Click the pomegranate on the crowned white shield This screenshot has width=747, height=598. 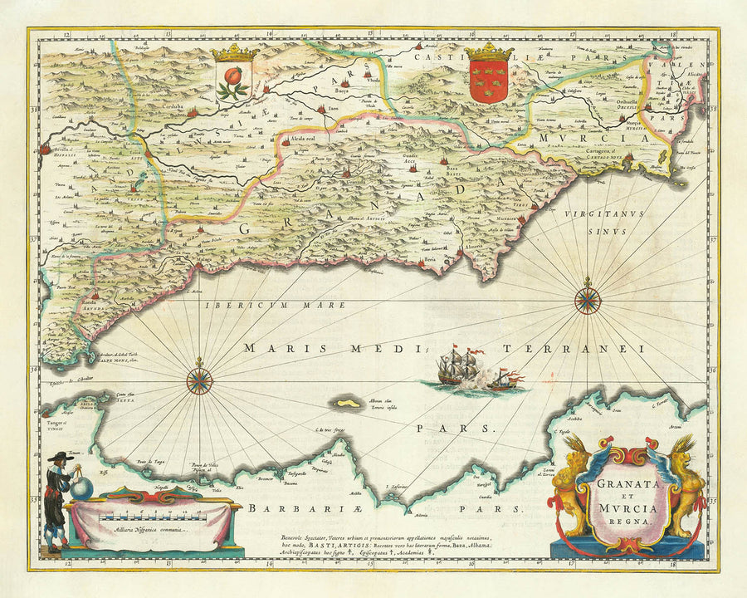(x=235, y=82)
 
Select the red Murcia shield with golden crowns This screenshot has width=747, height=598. (x=488, y=81)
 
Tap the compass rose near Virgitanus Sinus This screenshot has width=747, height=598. (x=588, y=299)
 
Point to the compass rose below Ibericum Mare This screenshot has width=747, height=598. (x=199, y=380)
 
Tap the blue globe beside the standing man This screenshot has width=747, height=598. (x=81, y=488)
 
